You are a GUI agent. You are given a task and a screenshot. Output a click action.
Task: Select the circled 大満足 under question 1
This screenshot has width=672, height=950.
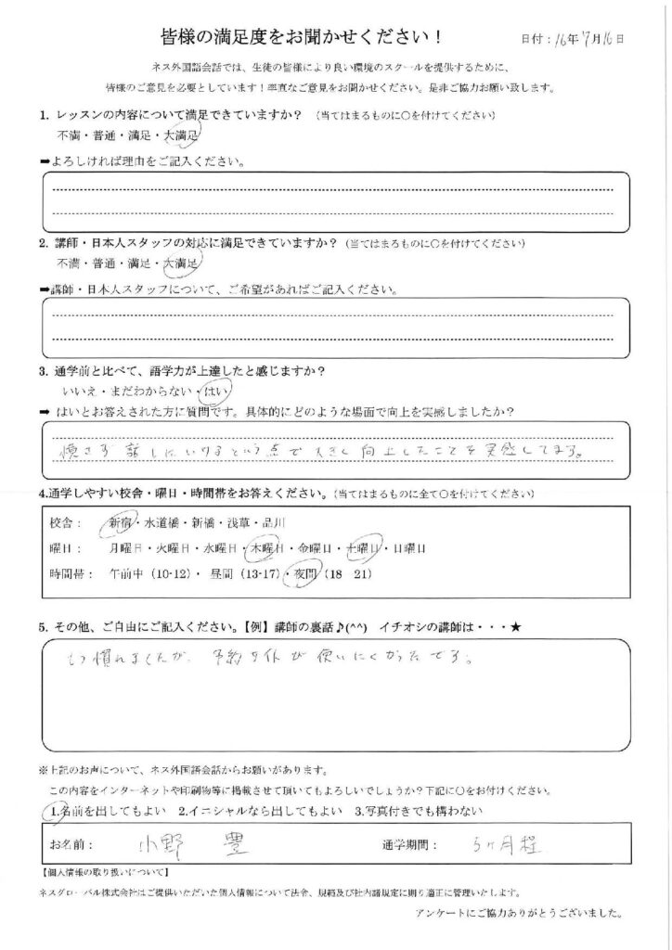coord(180,136)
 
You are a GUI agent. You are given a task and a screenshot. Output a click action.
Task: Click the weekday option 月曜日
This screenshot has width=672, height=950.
coord(127,548)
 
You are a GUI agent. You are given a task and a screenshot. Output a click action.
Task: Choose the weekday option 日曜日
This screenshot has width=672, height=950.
coord(407,548)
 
